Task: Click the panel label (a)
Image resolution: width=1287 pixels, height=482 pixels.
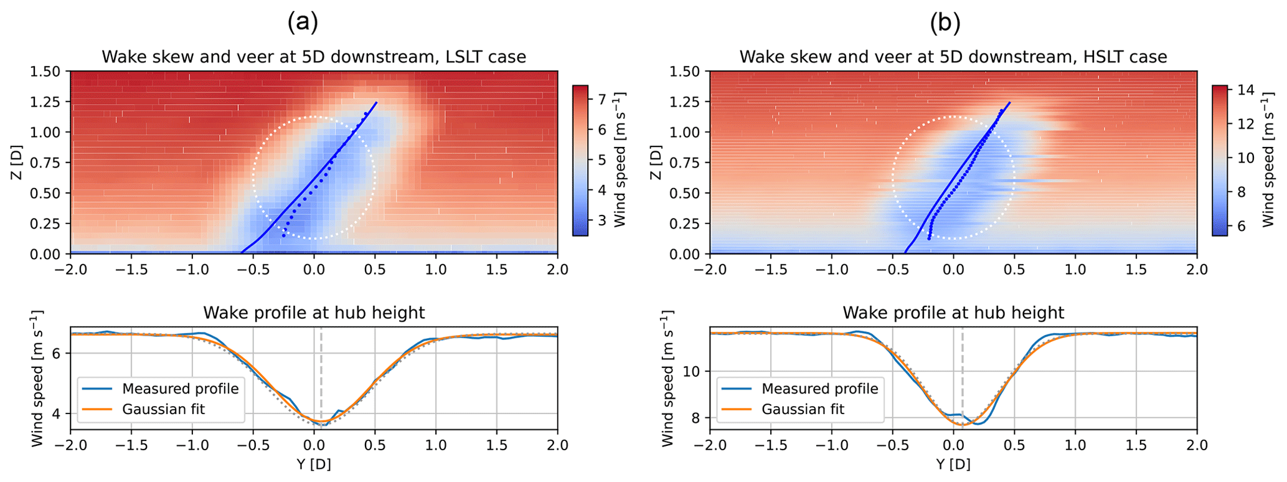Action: (x=303, y=22)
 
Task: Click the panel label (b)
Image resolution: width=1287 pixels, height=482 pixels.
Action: (x=945, y=22)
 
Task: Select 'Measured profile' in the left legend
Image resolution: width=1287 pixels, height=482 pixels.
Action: (x=180, y=389)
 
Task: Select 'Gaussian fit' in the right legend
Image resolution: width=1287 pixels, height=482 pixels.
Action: (x=803, y=409)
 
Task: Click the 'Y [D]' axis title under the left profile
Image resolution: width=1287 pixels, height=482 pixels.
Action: (x=313, y=465)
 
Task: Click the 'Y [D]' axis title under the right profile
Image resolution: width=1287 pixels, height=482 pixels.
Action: (x=953, y=465)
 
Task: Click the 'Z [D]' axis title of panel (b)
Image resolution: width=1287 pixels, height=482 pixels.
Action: (x=655, y=163)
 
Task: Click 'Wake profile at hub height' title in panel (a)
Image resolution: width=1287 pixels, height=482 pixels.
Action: (x=314, y=313)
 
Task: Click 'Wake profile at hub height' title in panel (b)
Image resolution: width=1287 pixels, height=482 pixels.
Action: (x=953, y=313)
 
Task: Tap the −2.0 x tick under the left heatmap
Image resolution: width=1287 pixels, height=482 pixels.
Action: (x=70, y=270)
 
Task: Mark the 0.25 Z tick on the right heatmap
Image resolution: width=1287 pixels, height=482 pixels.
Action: (x=687, y=224)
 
